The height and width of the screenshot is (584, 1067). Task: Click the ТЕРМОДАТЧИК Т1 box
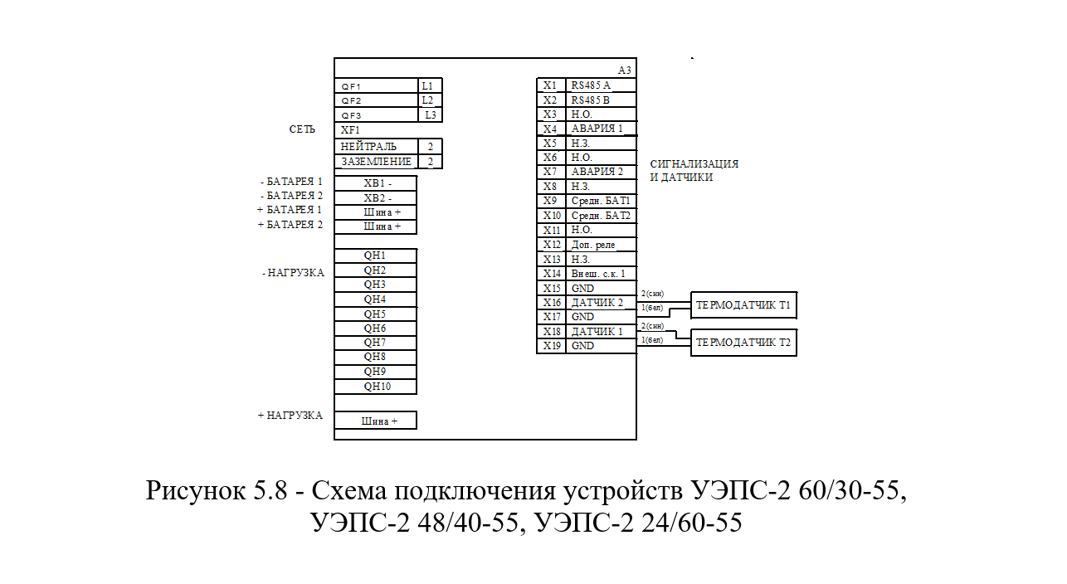(x=743, y=305)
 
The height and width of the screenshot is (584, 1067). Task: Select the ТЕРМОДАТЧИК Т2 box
(x=743, y=342)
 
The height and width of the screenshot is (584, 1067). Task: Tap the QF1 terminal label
(x=351, y=87)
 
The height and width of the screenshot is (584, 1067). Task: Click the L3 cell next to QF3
(x=431, y=114)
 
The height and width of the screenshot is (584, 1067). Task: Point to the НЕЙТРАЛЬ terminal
(x=377, y=146)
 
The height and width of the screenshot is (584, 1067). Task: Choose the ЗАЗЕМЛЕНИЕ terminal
(x=377, y=162)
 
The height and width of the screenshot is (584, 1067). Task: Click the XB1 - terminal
(x=375, y=183)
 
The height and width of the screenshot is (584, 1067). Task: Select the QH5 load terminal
(x=375, y=314)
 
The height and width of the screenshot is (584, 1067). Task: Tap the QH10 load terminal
(x=375, y=387)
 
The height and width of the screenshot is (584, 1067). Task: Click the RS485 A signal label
(x=591, y=85)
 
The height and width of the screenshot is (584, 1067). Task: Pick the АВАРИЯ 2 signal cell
(x=602, y=172)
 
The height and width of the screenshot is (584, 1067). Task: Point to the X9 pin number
(x=550, y=201)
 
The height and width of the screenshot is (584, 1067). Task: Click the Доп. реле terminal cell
(x=602, y=245)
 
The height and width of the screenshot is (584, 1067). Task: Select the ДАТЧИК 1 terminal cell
(x=602, y=331)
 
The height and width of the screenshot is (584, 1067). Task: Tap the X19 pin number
(x=552, y=345)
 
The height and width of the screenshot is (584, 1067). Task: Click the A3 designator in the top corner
(x=625, y=71)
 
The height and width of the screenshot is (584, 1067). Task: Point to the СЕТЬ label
(x=302, y=129)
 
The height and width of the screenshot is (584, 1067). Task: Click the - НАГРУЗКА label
(x=293, y=272)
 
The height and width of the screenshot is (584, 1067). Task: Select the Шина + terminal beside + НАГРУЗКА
(x=375, y=420)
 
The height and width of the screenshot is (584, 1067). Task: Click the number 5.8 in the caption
(x=270, y=489)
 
